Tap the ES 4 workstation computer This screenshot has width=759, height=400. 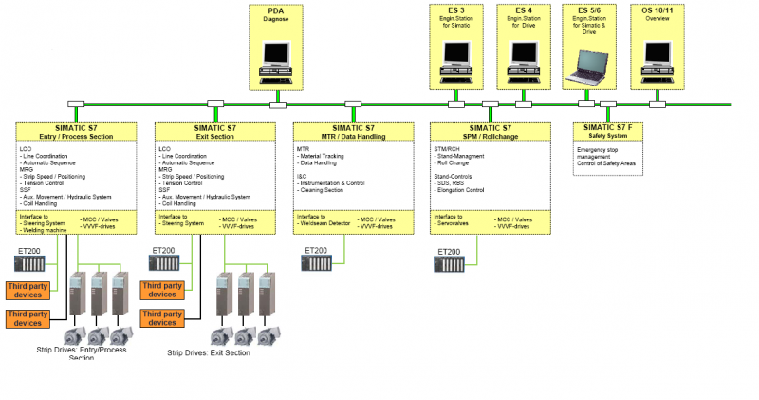coord(524,60)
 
